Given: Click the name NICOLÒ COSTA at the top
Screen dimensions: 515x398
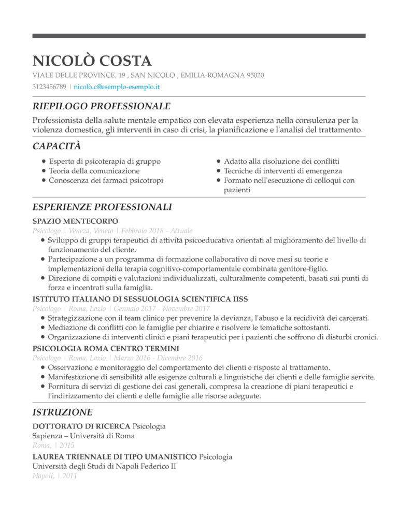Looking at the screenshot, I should coord(92,61).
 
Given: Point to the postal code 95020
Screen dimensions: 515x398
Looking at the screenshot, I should coord(254,76).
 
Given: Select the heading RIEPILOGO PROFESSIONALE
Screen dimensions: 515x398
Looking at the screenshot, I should coord(101,106).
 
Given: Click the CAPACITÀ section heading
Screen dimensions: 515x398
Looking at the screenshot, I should coord(56,146).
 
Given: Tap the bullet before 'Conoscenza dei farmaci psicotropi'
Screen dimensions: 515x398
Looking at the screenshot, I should coord(42,181).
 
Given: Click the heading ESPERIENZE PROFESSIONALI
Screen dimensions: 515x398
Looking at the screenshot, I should coord(102,207).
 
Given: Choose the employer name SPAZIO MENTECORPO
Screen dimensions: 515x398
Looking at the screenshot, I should coord(75,221).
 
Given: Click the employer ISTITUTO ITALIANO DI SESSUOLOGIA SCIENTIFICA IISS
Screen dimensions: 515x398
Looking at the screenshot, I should coord(140,299).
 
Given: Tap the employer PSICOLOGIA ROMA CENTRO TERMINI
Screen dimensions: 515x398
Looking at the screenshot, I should coord(106,348).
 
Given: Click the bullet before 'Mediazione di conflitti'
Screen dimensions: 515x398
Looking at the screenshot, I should coord(42,328).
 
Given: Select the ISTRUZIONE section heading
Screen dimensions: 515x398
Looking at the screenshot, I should coord(62,412).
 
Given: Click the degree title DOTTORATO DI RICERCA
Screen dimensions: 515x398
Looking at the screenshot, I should coord(81,426).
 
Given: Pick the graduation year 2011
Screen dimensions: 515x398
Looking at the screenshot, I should coord(68,476).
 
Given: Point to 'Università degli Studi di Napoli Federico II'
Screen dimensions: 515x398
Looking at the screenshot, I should coord(104,466).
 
